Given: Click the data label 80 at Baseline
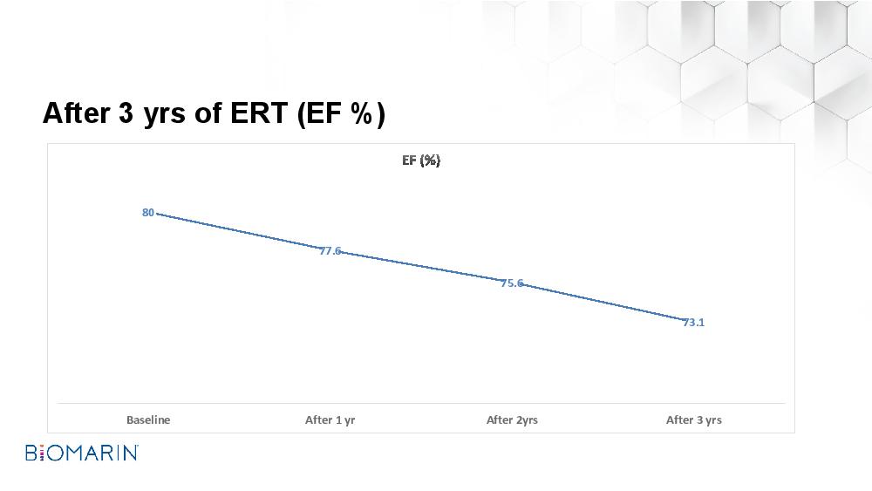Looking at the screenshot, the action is [x=148, y=213].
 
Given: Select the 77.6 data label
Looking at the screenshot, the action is [x=330, y=251].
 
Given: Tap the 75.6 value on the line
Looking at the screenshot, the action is [x=512, y=283].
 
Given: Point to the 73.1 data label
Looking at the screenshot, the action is [x=693, y=323].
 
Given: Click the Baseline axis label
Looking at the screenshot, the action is [x=148, y=419].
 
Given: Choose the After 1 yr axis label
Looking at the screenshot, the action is [x=330, y=420].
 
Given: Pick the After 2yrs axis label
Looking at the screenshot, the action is [x=512, y=420].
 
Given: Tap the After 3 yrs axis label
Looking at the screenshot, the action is [x=693, y=420].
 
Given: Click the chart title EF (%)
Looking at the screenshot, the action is [x=421, y=160].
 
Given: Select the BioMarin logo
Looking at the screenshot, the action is [x=82, y=453].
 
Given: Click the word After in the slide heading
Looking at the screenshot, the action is [x=76, y=113].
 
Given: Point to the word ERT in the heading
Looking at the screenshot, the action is [x=259, y=113].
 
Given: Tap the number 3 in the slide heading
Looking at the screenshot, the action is [x=126, y=113].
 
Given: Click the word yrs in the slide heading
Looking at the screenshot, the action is [x=164, y=115].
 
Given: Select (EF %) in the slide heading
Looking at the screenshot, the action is [x=341, y=114].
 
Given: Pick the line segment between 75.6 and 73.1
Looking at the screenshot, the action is [x=603, y=302].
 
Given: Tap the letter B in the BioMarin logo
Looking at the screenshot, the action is [x=31, y=453].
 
